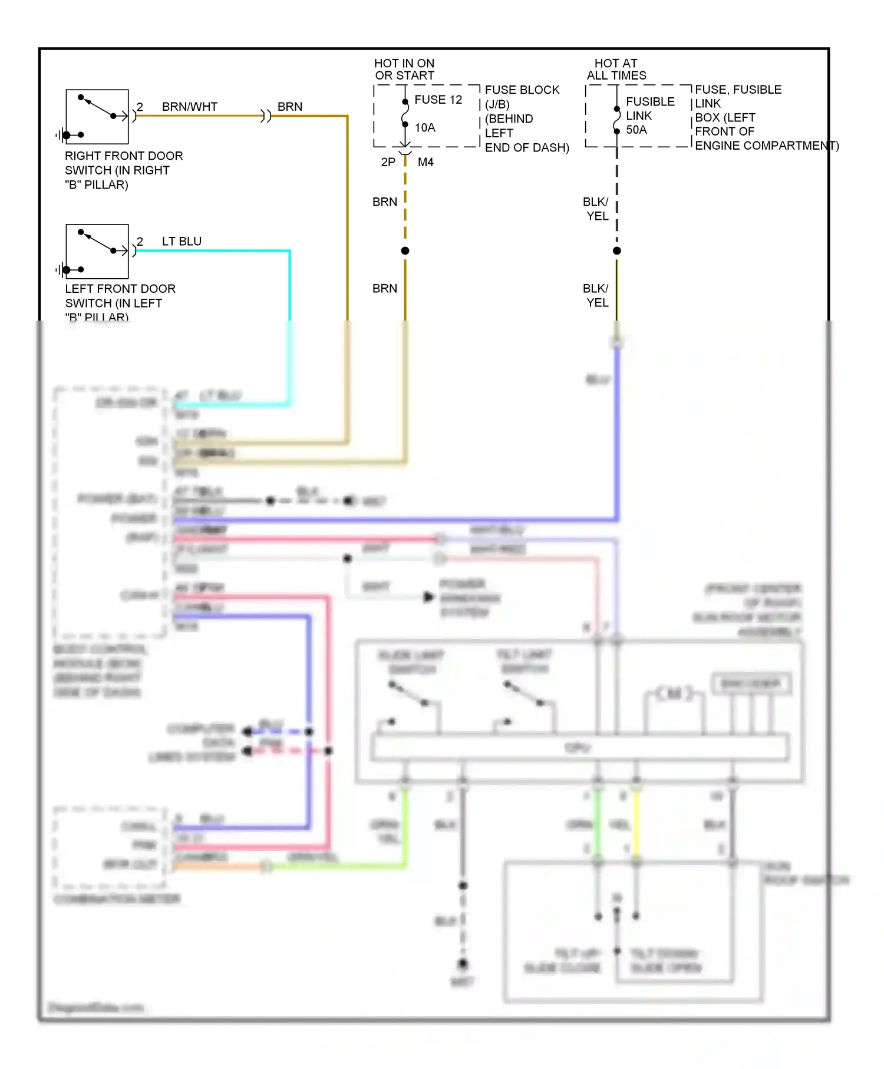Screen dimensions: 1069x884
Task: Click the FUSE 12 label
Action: pyautogui.click(x=438, y=100)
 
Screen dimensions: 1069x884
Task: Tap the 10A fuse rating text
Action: pyautogui.click(x=425, y=127)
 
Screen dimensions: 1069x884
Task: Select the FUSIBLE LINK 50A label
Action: pyautogui.click(x=649, y=116)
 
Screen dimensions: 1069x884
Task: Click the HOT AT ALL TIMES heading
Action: pyautogui.click(x=616, y=70)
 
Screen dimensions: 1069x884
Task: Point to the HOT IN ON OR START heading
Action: pyautogui.click(x=404, y=70)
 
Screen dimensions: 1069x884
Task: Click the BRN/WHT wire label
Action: pyautogui.click(x=189, y=107)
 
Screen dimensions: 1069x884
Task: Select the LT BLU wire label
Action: pyautogui.click(x=182, y=241)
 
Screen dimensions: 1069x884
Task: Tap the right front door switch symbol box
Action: pyautogui.click(x=97, y=117)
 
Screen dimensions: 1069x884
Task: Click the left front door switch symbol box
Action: pyautogui.click(x=97, y=252)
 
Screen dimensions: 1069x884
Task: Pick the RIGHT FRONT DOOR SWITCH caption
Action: pyautogui.click(x=123, y=170)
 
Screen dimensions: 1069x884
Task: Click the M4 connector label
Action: pyautogui.click(x=425, y=162)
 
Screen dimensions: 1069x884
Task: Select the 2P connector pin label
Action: pyautogui.click(x=388, y=162)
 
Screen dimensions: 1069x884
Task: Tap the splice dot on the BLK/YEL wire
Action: pyautogui.click(x=617, y=251)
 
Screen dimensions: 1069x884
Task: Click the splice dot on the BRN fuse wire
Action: pyautogui.click(x=405, y=251)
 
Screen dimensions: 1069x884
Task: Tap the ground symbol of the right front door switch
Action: pyautogui.click(x=61, y=136)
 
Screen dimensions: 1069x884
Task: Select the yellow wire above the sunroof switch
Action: pyautogui.click(x=636, y=825)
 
